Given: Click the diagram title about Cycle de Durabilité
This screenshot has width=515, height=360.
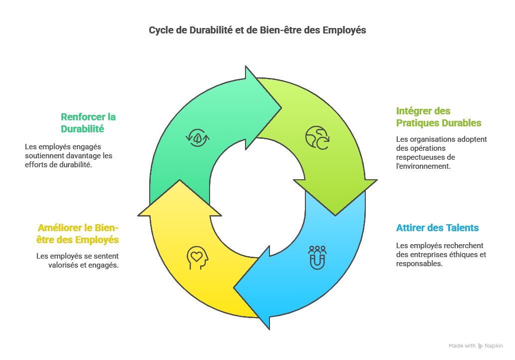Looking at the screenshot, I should [257, 30].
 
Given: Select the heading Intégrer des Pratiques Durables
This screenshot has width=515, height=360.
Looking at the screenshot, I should [439, 117].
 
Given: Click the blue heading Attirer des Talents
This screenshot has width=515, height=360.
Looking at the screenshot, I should [437, 228].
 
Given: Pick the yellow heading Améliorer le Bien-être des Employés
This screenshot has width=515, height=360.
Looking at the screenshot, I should [78, 234].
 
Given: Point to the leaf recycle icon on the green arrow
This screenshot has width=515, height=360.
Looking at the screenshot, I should [197, 137].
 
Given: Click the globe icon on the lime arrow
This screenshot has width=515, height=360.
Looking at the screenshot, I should [317, 138].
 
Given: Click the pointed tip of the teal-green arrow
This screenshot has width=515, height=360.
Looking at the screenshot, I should [281, 106].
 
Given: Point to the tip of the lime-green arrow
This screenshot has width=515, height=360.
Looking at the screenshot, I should [336, 215].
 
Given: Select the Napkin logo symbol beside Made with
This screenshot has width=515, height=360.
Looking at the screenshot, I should [480, 346].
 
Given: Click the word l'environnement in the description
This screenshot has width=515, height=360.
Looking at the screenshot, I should [423, 166].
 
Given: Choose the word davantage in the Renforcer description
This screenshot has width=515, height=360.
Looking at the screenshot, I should [80, 156].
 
